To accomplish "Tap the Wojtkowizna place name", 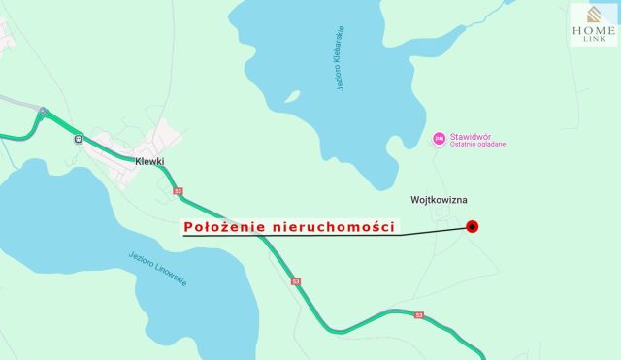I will [x=438, y=199].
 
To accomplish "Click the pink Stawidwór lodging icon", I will [x=438, y=139].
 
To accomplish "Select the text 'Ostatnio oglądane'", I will [x=476, y=145].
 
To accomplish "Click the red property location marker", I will [x=473, y=227].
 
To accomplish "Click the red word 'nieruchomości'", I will [x=335, y=226].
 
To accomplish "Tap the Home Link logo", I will [x=593, y=25].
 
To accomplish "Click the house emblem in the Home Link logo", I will [x=593, y=15].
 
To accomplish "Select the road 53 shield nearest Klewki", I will [x=178, y=191].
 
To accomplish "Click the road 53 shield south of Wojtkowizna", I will [x=419, y=315].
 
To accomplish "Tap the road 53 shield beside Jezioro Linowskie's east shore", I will [x=296, y=281].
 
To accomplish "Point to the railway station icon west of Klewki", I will [x=77, y=138].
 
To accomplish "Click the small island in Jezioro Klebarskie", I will [x=292, y=97].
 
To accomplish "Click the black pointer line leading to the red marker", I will [x=427, y=233].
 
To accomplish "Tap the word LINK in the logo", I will [x=593, y=40].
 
